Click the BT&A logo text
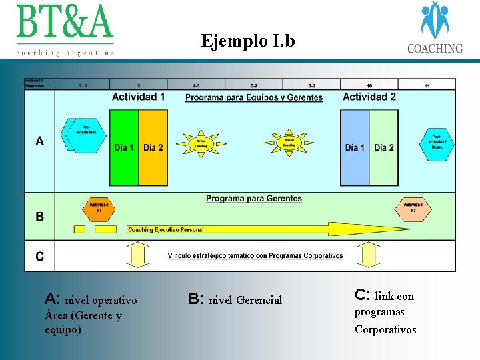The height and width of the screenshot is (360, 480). (65, 23)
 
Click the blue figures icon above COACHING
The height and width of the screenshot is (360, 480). (435, 21)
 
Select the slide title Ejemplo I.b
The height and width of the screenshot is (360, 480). (248, 41)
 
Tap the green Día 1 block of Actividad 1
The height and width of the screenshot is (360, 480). (124, 147)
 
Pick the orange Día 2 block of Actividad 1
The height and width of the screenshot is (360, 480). (153, 147)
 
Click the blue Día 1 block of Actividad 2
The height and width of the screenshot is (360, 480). (355, 147)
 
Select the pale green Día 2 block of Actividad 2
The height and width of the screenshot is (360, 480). (384, 147)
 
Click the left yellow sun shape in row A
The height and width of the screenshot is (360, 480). (201, 143)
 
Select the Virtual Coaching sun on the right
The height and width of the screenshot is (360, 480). (289, 143)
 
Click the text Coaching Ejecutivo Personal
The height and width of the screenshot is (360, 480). (166, 230)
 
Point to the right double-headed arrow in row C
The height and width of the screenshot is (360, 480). (367, 255)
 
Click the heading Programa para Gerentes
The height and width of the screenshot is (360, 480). (253, 199)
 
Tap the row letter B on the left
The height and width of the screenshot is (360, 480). (40, 217)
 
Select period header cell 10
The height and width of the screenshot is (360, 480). (369, 85)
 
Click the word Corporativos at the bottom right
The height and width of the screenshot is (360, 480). (385, 329)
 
